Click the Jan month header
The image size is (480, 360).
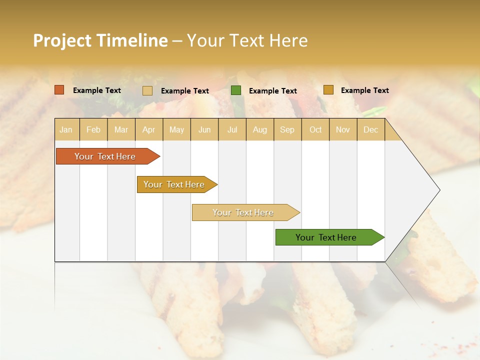[x=66, y=129]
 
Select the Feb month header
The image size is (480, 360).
[x=93, y=129]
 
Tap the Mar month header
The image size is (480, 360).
[x=121, y=129]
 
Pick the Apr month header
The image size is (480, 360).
[x=149, y=129]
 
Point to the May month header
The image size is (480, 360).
[x=176, y=129]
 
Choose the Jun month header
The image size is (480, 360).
[x=204, y=129]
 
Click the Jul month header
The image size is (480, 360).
[x=232, y=129]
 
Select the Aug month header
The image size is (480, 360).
[x=260, y=129]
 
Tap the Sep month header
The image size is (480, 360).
[x=287, y=129]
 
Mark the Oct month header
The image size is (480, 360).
[x=315, y=129]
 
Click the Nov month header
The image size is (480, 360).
[x=343, y=129]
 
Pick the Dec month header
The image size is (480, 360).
[x=370, y=129]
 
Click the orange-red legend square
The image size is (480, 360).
[x=59, y=90]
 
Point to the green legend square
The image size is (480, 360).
[x=236, y=90]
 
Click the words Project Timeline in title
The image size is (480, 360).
[x=100, y=40]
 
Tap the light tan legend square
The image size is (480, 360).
[x=147, y=90]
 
